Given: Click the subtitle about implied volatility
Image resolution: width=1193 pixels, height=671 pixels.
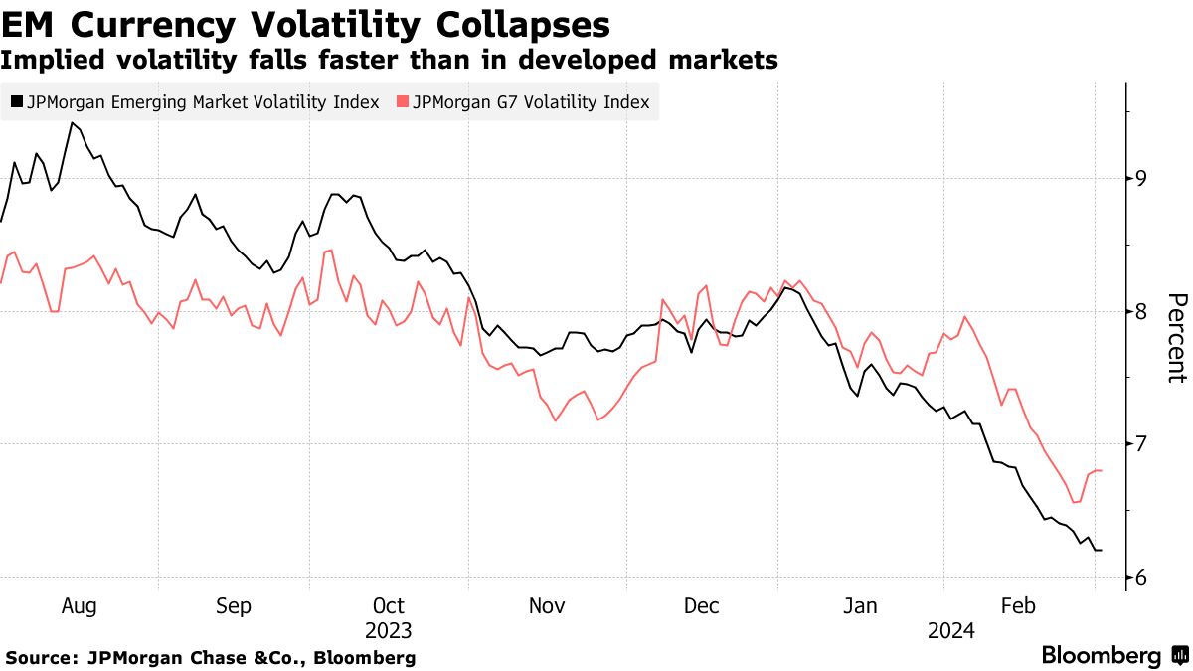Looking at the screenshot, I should click(389, 60).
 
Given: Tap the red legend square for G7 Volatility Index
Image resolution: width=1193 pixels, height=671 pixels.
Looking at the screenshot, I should click(402, 102).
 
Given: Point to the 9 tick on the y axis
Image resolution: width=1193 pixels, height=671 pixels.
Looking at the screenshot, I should click(1141, 179).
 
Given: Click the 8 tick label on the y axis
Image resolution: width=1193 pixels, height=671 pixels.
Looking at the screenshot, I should click(1141, 312).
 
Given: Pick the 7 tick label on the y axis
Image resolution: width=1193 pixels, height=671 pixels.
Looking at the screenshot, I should click(1141, 444).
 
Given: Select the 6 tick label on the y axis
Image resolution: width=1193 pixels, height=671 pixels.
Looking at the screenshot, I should click(1141, 578).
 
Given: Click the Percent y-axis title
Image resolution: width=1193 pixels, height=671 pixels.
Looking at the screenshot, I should click(1176, 338).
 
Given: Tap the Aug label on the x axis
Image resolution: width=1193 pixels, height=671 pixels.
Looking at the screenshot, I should click(79, 606).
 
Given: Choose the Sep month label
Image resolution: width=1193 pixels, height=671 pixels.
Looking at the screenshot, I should click(234, 606).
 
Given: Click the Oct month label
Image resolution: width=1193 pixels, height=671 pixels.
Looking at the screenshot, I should click(388, 606).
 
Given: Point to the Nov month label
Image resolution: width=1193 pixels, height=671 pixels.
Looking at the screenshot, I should click(546, 606).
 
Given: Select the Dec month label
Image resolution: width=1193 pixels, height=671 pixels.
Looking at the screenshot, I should click(702, 606).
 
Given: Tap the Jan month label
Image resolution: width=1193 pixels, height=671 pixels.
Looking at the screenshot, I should click(859, 606).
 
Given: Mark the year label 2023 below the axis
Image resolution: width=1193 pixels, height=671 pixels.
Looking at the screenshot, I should click(388, 630).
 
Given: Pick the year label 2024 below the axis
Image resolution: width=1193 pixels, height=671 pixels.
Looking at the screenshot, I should click(950, 630).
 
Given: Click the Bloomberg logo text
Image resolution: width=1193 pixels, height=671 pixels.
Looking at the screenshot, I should click(1101, 656).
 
